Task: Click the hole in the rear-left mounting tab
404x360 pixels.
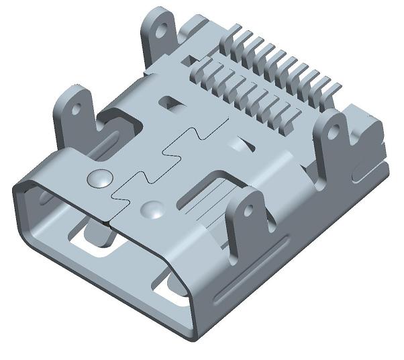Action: coord(160,30)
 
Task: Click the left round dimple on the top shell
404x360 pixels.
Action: coord(99,179)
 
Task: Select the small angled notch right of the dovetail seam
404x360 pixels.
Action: coord(240,144)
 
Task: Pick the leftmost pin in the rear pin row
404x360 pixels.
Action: coord(236,34)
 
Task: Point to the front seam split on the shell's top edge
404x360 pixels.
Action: coord(111,218)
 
